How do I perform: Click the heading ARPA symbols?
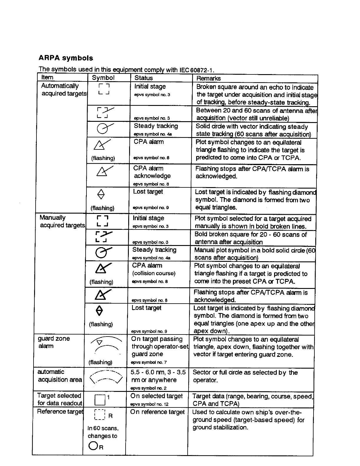click(66, 58)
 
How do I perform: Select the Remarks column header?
click(208, 78)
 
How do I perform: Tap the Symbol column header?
click(103, 78)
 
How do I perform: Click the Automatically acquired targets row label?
click(63, 90)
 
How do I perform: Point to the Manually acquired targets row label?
click(62, 221)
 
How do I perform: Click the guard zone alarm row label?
click(54, 342)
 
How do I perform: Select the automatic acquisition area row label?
click(59, 376)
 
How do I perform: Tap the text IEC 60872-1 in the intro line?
click(196, 70)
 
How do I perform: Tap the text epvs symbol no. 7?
click(149, 362)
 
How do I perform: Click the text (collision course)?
click(154, 273)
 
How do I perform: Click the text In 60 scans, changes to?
click(103, 432)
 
